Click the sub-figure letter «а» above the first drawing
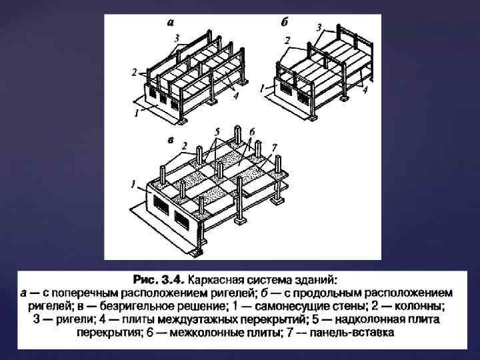(x=171, y=23)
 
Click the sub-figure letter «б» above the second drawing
(x=285, y=22)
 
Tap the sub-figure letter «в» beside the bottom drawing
(x=171, y=141)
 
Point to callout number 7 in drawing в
(x=274, y=147)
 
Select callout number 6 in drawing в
(x=252, y=132)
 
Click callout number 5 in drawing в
(x=217, y=132)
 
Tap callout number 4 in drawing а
(x=235, y=96)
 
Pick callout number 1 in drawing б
(x=262, y=89)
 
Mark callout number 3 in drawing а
(x=177, y=38)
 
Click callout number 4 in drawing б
(x=364, y=90)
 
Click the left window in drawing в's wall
(x=161, y=205)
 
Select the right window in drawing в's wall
(x=182, y=221)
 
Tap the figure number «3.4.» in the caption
(x=174, y=280)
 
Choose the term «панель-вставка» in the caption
(x=352, y=333)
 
